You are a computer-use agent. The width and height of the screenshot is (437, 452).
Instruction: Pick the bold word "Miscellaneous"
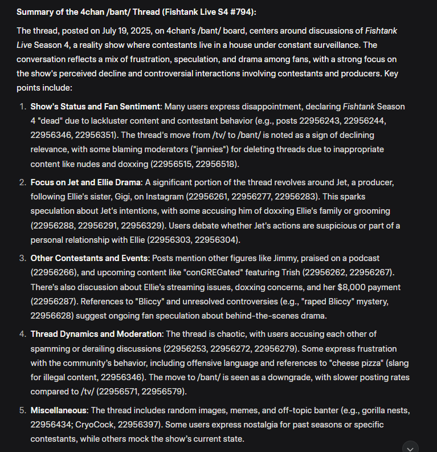coord(59,410)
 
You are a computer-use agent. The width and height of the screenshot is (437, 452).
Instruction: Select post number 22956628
coord(53,315)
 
